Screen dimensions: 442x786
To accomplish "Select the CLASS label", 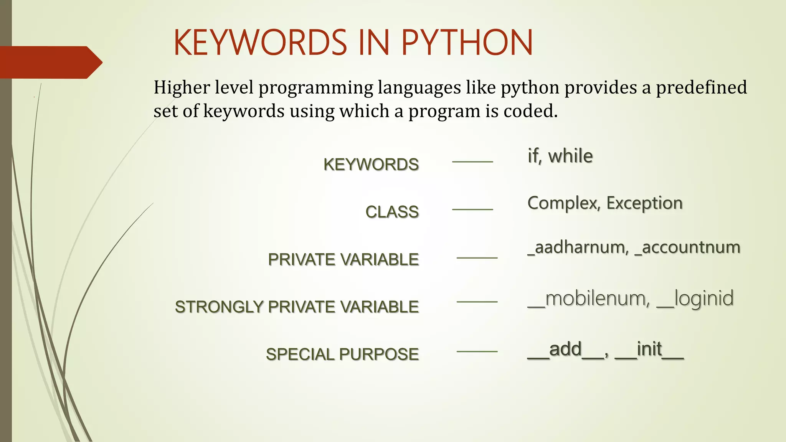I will [392, 212].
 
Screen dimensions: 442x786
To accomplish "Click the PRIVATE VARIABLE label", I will [343, 259].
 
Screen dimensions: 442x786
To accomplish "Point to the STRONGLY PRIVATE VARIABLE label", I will [297, 307].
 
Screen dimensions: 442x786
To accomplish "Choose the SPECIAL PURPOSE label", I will [342, 354].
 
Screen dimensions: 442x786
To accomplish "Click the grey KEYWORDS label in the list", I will [371, 164].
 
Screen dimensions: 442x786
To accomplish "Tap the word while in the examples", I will [570, 156].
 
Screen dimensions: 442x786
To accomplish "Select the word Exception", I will [644, 203].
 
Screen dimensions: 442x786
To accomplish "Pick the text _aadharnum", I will [578, 247].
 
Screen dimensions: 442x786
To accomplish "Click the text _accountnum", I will [688, 247].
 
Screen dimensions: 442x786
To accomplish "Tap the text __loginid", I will [695, 299].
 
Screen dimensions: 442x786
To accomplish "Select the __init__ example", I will [649, 350].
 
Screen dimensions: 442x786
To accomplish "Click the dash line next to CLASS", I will [472, 209].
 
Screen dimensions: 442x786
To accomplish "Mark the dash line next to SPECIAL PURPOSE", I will [477, 351].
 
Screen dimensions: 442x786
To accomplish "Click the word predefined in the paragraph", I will [701, 87].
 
